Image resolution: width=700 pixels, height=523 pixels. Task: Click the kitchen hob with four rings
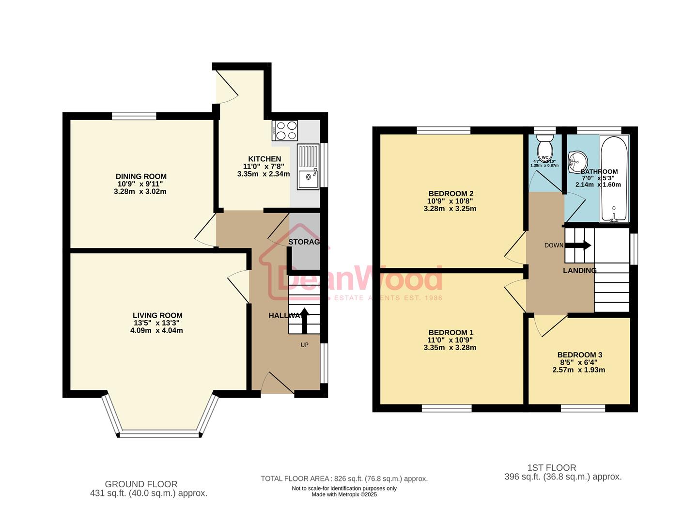tap(285, 129)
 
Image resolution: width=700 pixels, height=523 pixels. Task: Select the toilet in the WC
tap(545, 144)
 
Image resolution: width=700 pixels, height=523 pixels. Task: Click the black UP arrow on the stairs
tap(305, 320)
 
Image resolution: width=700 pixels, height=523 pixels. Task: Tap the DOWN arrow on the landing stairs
tap(578, 245)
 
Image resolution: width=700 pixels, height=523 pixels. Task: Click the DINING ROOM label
tap(141, 176)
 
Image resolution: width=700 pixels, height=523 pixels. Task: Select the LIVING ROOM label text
tap(157, 315)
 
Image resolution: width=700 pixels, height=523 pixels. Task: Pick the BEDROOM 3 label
tap(579, 354)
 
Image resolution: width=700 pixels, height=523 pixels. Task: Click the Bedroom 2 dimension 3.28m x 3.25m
tap(450, 209)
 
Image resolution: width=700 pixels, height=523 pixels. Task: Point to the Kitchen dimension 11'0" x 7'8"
tap(264, 166)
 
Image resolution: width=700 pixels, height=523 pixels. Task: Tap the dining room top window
tap(134, 115)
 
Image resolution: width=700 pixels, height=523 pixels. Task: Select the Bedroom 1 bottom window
tap(446, 408)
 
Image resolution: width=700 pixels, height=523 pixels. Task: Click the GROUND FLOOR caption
tap(141, 484)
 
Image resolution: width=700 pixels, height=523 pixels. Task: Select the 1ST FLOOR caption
tap(551, 467)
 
